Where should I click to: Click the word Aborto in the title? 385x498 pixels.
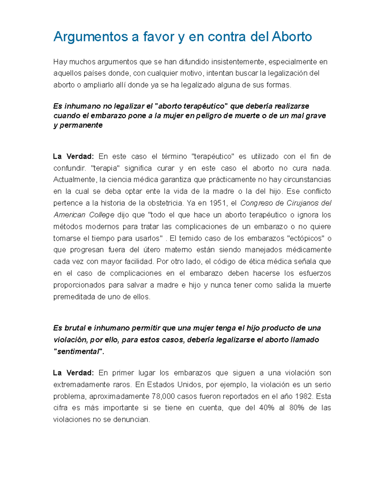tap(292, 37)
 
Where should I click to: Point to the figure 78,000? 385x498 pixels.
tap(163, 396)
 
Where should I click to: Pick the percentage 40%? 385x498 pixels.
tap(266, 408)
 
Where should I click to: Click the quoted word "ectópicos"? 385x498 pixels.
tap(305, 238)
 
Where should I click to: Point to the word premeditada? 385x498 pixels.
tap(74, 297)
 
